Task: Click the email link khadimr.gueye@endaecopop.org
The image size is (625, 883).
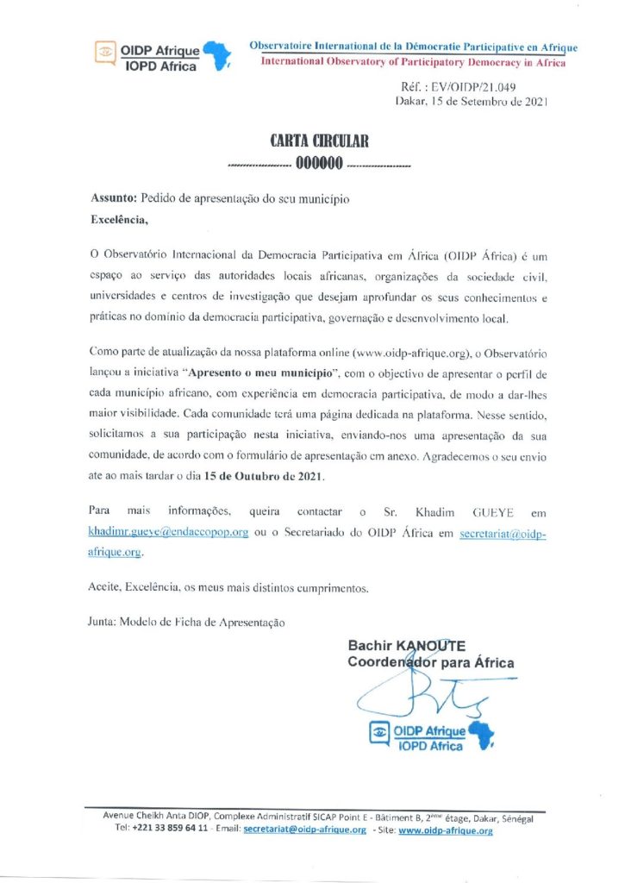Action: click(x=168, y=533)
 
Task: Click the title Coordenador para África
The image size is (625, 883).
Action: click(x=430, y=662)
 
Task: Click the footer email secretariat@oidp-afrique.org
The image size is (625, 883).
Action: click(x=305, y=830)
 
